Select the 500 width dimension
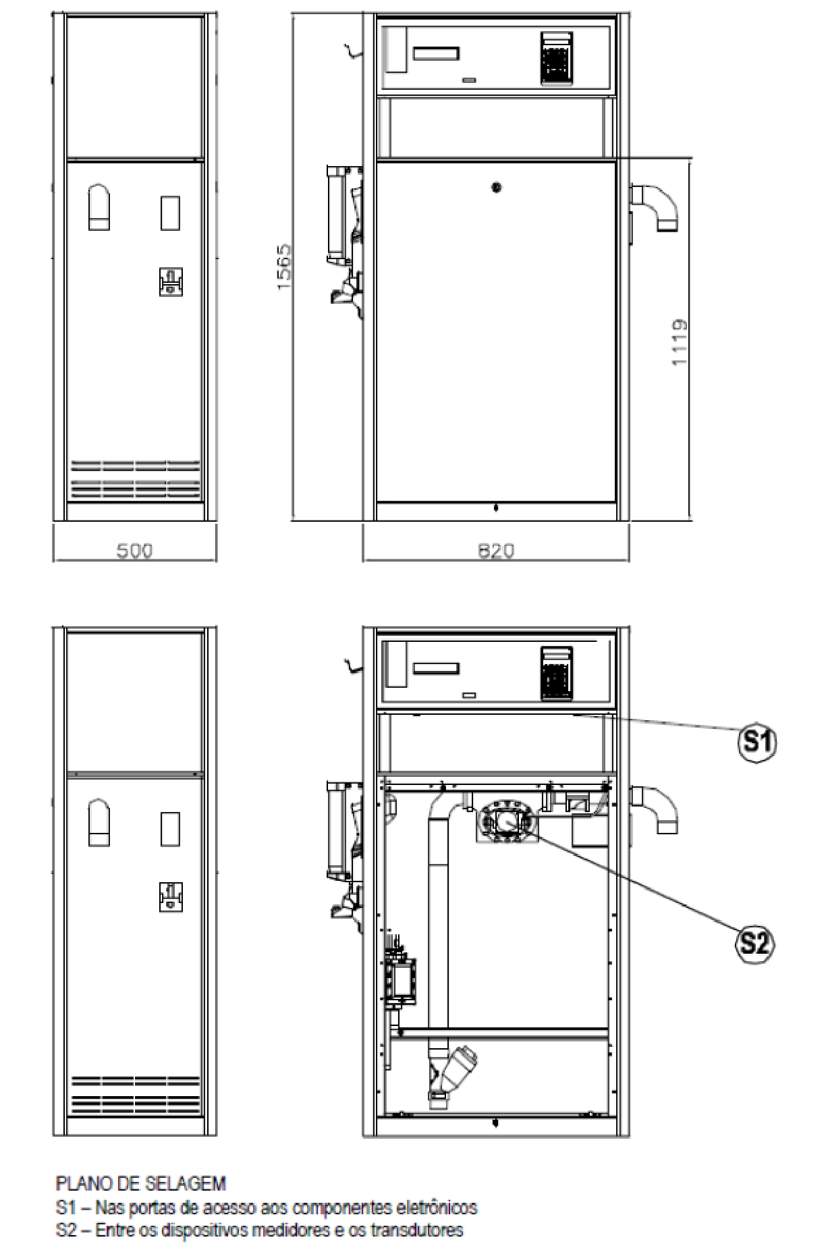pyautogui.click(x=135, y=551)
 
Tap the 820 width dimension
pyautogui.click(x=496, y=551)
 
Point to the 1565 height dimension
pyautogui.click(x=284, y=267)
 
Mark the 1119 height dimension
pyautogui.click(x=680, y=343)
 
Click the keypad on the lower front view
pyautogui.click(x=557, y=672)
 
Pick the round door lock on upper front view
pyautogui.click(x=497, y=188)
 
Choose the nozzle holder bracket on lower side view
pyautogui.click(x=171, y=896)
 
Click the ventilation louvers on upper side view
pyautogui.click(x=136, y=479)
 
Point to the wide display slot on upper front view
pyautogui.click(x=437, y=53)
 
